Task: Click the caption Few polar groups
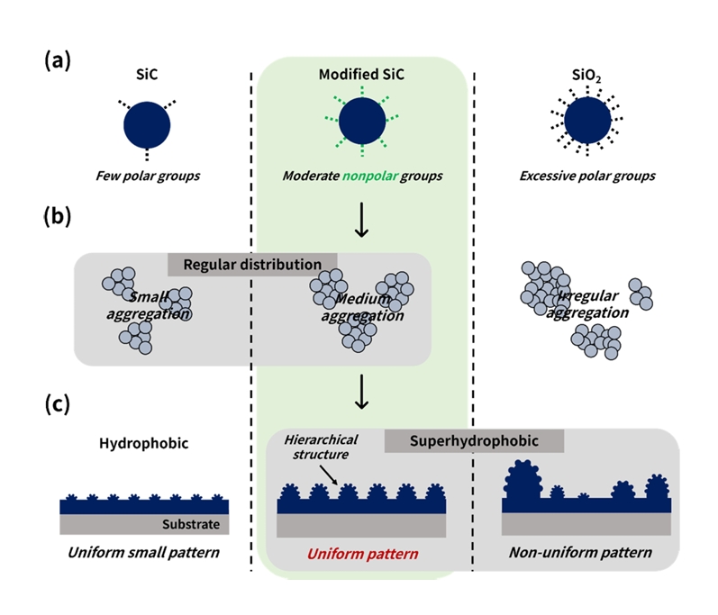click(148, 176)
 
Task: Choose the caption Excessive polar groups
click(586, 176)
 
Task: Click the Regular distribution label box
click(252, 265)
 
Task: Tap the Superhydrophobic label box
click(474, 441)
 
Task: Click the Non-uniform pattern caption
click(580, 551)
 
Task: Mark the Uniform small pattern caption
click(144, 551)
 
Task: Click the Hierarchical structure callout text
click(321, 448)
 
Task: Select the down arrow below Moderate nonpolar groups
click(362, 222)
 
